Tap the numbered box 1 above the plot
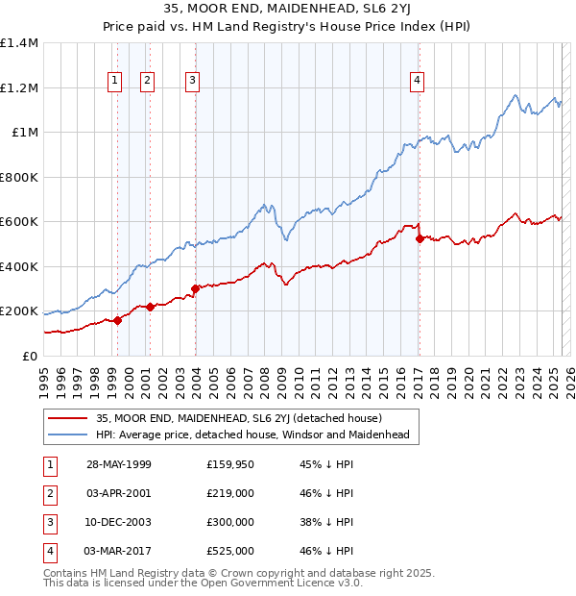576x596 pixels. point(115,81)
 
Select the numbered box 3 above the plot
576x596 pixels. point(193,81)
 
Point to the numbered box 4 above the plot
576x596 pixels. point(418,81)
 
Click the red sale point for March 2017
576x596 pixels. point(420,238)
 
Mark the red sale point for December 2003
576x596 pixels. point(195,288)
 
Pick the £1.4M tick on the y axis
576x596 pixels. point(20,43)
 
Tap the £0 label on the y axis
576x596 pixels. point(29,356)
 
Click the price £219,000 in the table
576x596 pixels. point(230,494)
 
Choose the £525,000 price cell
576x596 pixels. point(230,552)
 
